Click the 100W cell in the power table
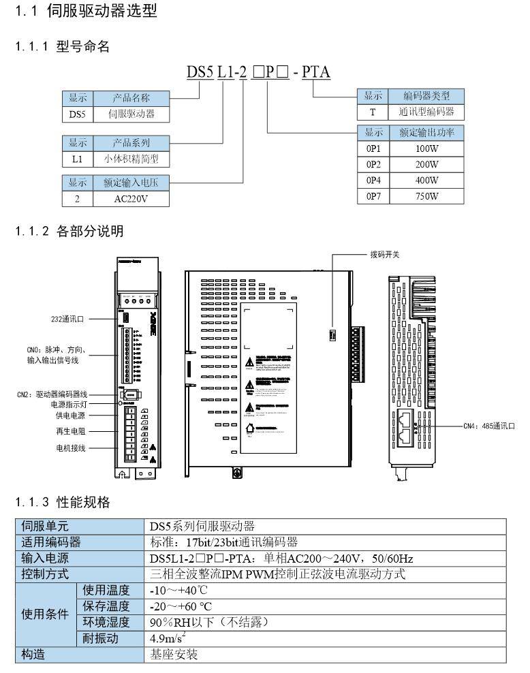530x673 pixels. (x=426, y=148)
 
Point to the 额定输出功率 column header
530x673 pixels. (x=426, y=132)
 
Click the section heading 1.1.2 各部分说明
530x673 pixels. (x=69, y=232)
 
